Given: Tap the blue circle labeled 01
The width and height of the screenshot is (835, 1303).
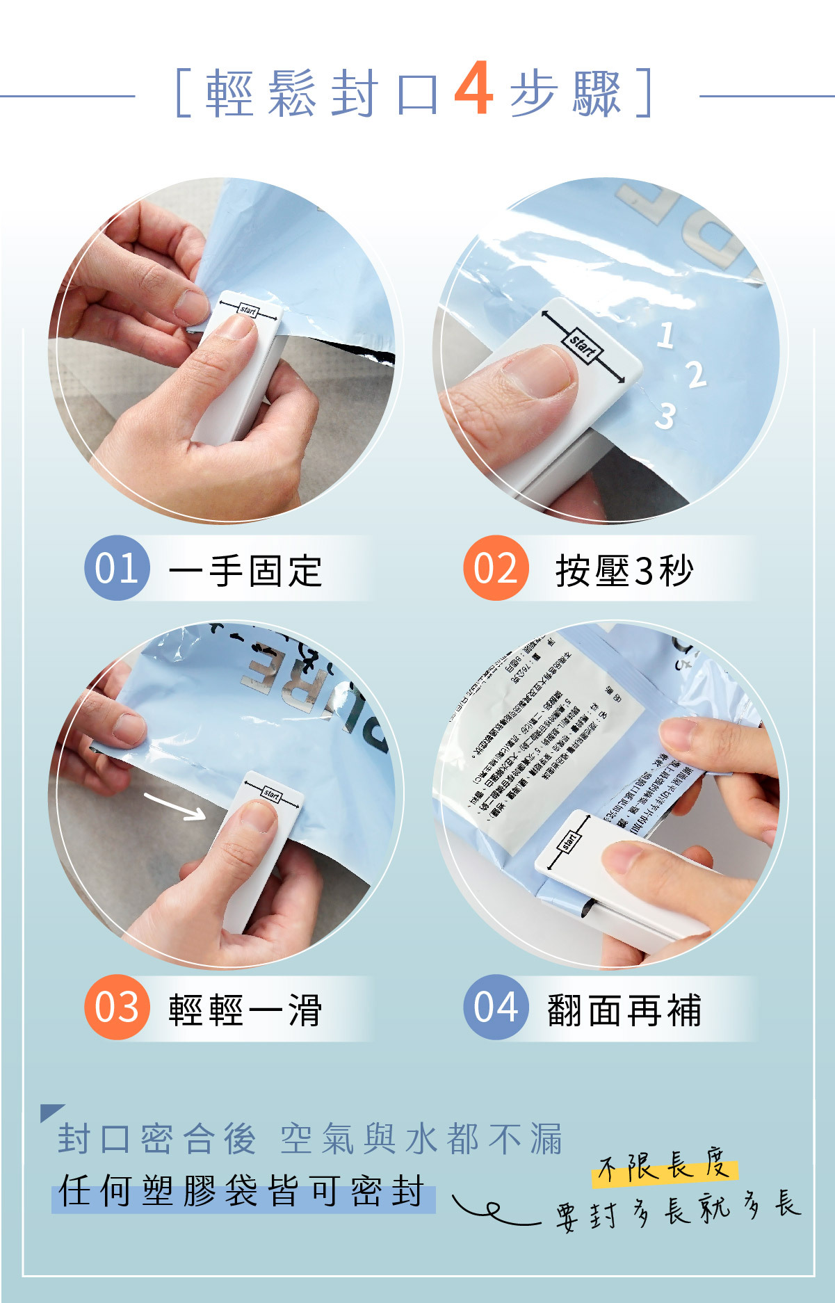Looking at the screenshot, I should [117, 568].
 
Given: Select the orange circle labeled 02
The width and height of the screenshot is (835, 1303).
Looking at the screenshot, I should [496, 568].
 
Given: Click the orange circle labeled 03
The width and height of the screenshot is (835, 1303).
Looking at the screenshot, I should [117, 1007].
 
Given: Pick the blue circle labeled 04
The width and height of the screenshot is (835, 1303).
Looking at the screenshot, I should [496, 1007].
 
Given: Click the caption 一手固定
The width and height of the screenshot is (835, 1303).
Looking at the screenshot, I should [245, 571].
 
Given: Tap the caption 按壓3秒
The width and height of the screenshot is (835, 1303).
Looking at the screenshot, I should [624, 571].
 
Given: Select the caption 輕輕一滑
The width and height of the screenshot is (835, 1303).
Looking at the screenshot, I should [245, 1010].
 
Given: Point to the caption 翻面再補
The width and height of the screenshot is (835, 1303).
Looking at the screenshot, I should [624, 1010].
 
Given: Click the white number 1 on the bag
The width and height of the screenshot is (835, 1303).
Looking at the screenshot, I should [665, 335].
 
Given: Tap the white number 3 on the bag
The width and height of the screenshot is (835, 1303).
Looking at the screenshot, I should [665, 416].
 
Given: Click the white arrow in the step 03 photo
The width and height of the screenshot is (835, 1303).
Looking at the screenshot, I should [175, 805].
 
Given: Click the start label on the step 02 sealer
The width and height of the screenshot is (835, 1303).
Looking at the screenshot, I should [583, 346].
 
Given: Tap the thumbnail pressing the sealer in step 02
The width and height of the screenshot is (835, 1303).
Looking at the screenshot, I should [539, 373].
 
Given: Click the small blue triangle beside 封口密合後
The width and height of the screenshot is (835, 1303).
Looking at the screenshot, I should [50, 1111].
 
